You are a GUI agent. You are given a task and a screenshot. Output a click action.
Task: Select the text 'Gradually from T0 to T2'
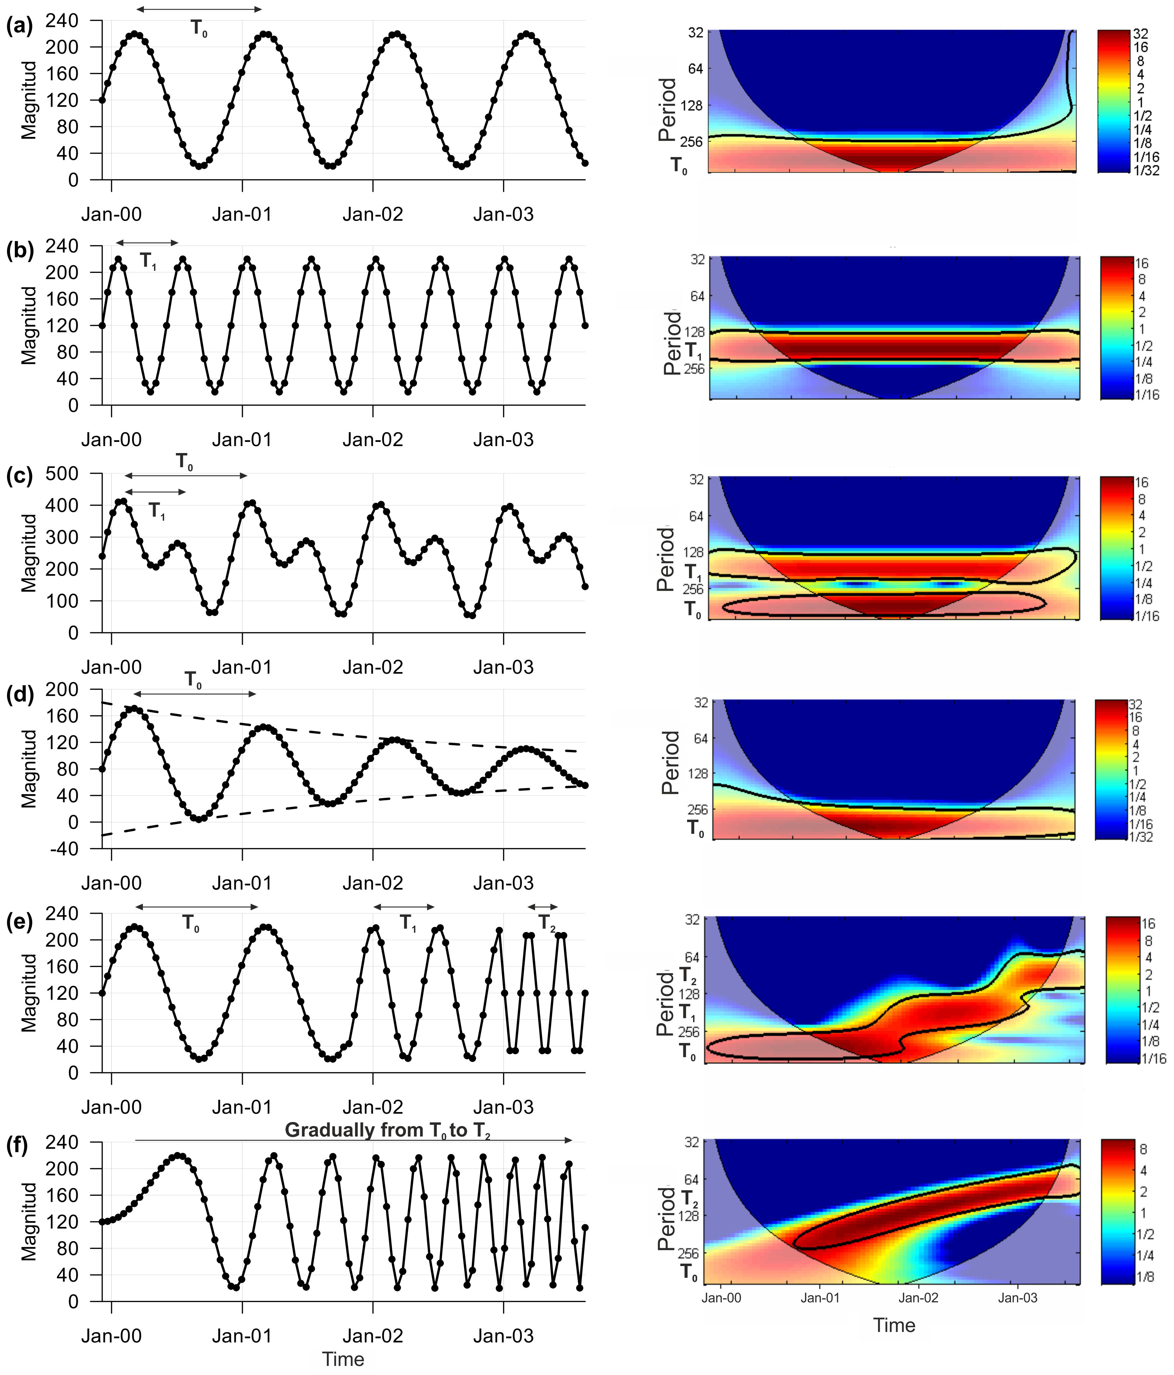point(387,1130)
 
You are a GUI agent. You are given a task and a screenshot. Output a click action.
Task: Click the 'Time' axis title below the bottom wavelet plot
point(894,1325)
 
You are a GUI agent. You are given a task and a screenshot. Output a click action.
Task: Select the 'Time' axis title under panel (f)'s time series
point(343,1359)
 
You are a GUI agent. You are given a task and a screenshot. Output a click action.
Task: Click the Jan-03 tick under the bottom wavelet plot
point(1017,1297)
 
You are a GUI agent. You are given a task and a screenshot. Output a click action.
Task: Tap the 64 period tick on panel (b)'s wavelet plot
point(697,296)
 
